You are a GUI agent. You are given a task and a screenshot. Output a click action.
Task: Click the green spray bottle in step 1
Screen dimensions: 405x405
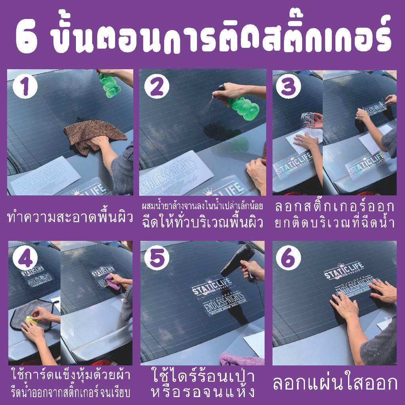110,85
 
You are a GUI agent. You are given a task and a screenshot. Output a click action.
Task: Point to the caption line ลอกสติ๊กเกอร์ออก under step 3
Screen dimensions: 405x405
334,207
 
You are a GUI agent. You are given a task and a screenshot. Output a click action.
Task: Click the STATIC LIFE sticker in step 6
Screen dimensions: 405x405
344,273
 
